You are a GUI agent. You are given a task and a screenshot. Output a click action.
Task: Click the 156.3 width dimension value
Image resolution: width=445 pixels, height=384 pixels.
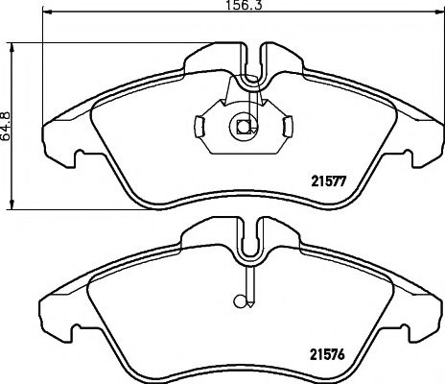[x=244, y=5]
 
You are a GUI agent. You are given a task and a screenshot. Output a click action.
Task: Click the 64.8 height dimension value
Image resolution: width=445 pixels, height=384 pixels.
[x=6, y=126]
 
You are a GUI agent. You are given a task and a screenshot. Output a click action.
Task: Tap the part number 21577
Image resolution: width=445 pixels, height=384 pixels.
[x=329, y=182]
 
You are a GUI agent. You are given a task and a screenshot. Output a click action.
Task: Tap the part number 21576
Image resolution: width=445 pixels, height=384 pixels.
[x=327, y=354]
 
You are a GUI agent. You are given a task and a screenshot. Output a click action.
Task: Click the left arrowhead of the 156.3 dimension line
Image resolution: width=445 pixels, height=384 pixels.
[x=47, y=12]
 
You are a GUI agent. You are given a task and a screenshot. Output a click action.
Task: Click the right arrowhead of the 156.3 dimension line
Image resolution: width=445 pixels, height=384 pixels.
[x=440, y=12]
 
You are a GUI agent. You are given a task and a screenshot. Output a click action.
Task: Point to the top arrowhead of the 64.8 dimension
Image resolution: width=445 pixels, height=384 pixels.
[x=12, y=48]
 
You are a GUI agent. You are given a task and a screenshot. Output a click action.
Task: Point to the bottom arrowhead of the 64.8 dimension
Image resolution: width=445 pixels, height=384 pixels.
[x=12, y=204]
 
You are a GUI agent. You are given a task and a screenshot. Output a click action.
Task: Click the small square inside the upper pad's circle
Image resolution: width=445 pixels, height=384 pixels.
[x=243, y=127]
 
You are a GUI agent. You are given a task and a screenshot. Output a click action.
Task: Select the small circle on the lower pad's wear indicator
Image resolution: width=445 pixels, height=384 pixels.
[x=239, y=301]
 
